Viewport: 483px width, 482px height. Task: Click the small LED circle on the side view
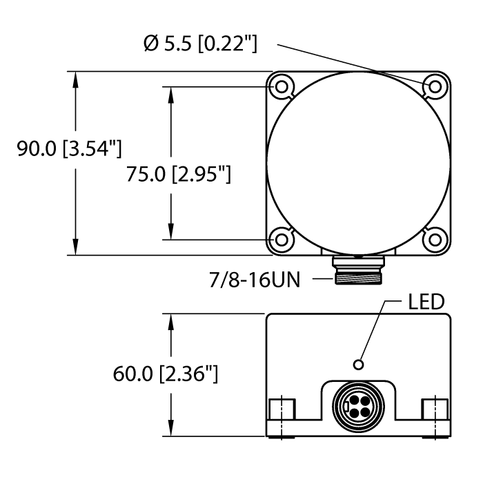coord(357,364)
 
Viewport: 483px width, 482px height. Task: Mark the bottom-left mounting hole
coord(282,240)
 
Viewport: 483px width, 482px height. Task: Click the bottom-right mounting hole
coord(435,240)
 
